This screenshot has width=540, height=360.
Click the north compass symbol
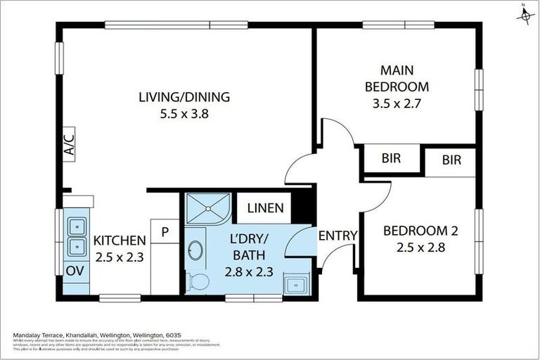pos(525,14)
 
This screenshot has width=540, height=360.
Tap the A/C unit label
pos(69,146)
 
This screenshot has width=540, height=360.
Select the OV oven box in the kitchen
pos(73,271)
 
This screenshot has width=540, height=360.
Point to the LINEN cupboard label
pos(265,207)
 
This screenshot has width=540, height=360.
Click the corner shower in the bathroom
pos(207,207)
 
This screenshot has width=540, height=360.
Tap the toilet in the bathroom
pos(199,282)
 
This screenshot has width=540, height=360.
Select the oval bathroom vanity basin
pos(196,250)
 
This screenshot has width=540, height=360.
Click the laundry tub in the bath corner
pos(295,283)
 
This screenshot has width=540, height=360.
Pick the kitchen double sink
pos(75,236)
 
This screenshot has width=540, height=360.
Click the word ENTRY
pos(338,236)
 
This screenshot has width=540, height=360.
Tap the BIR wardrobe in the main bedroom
pos(391,158)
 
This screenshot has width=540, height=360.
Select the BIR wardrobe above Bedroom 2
pos(451,160)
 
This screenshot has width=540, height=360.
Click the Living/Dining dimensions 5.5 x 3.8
pos(184,112)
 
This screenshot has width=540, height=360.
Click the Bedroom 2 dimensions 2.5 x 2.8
pos(415,247)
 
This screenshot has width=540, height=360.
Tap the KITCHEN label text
pos(120,240)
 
